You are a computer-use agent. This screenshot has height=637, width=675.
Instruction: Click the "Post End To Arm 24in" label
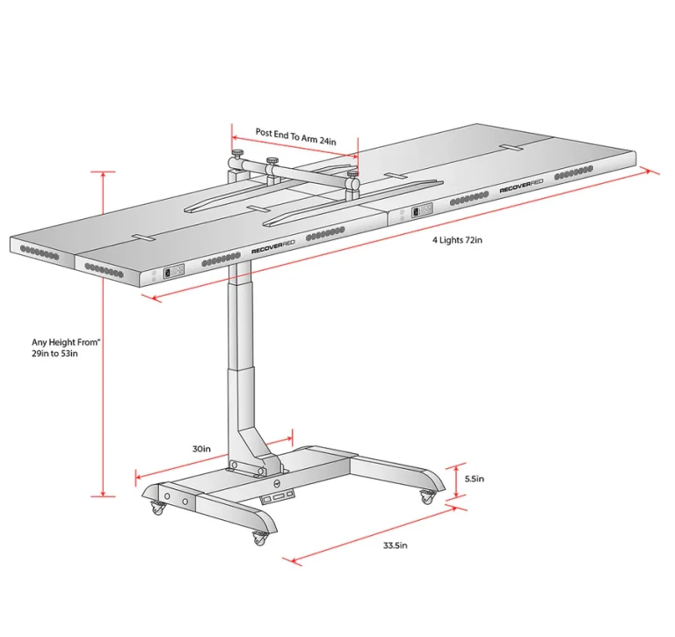(x=295, y=136)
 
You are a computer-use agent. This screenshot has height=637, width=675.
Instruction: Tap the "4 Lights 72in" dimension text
(x=457, y=239)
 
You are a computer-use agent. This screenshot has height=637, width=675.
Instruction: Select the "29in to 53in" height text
(x=54, y=354)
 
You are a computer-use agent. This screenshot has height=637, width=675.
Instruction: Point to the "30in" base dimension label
(x=201, y=449)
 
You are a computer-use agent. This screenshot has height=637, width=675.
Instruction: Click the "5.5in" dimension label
(x=475, y=479)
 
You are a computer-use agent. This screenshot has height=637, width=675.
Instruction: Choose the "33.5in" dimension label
(x=396, y=545)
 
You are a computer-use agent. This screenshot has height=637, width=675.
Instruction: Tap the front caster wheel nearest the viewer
(x=259, y=538)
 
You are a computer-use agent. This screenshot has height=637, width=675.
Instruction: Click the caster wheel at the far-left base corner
(x=157, y=509)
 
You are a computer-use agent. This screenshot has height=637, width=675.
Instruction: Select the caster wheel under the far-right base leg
(x=426, y=498)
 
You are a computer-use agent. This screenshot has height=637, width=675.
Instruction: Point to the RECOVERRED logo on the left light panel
(x=273, y=247)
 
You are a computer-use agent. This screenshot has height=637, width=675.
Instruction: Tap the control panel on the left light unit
(x=173, y=272)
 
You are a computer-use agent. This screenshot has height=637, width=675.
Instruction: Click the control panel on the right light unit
(x=422, y=211)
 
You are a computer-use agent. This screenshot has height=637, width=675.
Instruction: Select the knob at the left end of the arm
(x=237, y=153)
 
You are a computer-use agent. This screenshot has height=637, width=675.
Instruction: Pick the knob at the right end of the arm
(x=353, y=175)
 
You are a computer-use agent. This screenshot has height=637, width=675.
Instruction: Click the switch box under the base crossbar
(x=277, y=496)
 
